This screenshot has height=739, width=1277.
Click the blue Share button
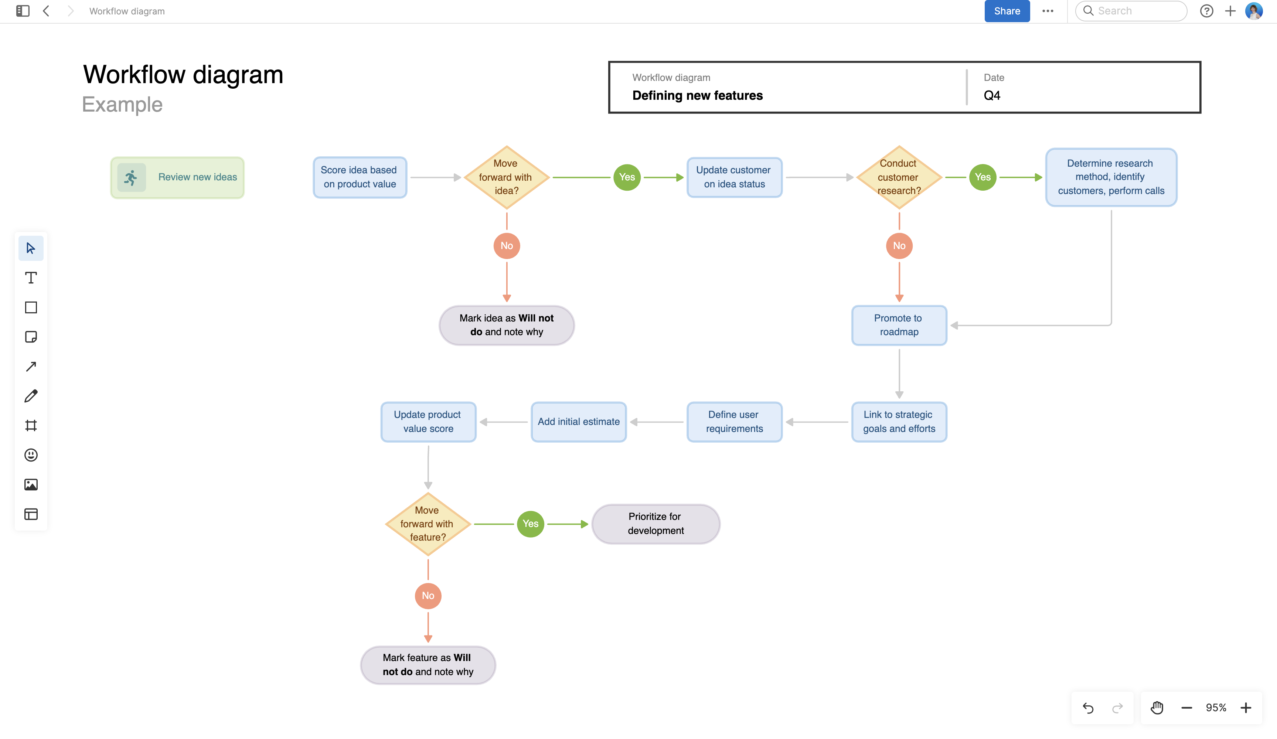(x=1007, y=11)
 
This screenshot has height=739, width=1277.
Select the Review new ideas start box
(x=177, y=177)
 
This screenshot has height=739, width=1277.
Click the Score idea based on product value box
(x=360, y=177)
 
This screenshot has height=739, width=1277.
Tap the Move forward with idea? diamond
(x=506, y=177)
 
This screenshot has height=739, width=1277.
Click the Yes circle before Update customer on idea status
(x=627, y=177)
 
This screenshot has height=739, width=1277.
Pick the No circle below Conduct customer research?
(x=899, y=246)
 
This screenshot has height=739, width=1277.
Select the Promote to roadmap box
(x=899, y=325)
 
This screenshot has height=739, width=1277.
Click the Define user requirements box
(x=734, y=422)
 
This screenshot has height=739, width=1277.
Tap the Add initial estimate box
(x=579, y=422)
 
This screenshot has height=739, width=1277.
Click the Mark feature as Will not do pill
(x=428, y=664)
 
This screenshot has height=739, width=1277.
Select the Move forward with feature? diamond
(x=428, y=524)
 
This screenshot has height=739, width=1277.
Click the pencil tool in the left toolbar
(x=31, y=396)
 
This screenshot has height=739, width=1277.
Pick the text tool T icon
(x=31, y=278)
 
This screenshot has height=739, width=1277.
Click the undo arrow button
(x=1087, y=708)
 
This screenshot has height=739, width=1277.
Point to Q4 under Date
(x=992, y=95)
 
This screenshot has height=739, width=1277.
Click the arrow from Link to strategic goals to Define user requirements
(x=817, y=422)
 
